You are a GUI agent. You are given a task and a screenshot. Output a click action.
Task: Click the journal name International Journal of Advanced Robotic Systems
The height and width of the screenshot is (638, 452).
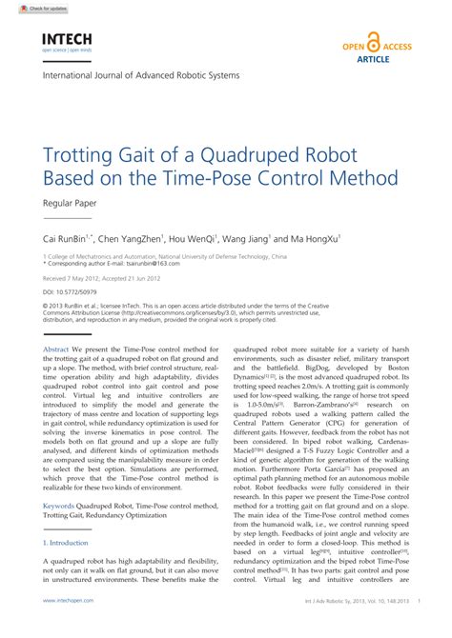point(140,75)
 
